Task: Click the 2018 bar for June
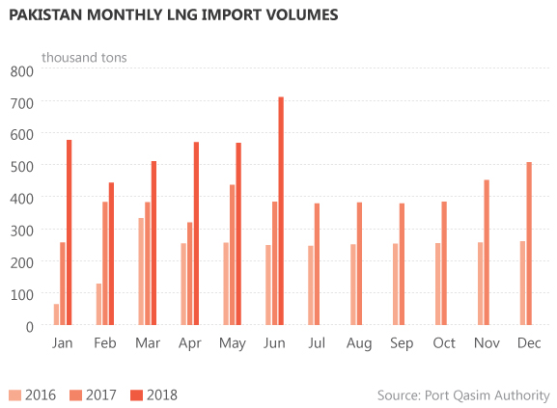pyautogui.click(x=281, y=211)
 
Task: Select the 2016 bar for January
pyautogui.click(x=57, y=314)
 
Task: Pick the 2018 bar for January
pyautogui.click(x=70, y=232)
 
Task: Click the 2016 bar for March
pyautogui.click(x=142, y=271)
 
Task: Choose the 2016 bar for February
pyautogui.click(x=99, y=304)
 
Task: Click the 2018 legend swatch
pyautogui.click(x=136, y=394)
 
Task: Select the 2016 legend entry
pyautogui.click(x=32, y=394)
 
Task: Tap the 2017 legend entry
pyautogui.click(x=93, y=394)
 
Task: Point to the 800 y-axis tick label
pyautogui.click(x=22, y=70)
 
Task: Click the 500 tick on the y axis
pyautogui.click(x=22, y=166)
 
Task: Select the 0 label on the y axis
pyautogui.click(x=31, y=326)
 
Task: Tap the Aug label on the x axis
pyautogui.click(x=359, y=344)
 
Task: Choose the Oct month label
pyautogui.click(x=444, y=344)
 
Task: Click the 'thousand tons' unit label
pyautogui.click(x=83, y=57)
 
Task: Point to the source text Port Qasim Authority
pyautogui.click(x=463, y=394)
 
